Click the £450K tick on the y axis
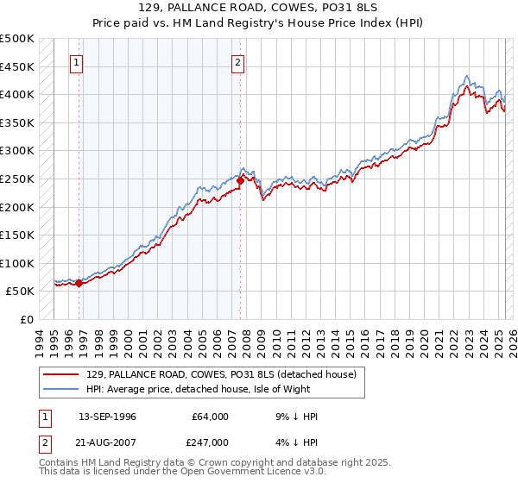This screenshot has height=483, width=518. tap(17, 66)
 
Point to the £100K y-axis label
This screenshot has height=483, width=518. tap(17, 263)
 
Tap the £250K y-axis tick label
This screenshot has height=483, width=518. tap(17, 179)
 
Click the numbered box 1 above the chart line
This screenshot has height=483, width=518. tap(77, 62)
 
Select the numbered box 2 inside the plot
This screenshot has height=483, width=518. tap(237, 62)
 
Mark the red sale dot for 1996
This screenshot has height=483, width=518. tap(79, 283)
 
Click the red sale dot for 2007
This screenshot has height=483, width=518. tap(240, 180)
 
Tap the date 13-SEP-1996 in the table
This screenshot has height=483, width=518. tap(107, 417)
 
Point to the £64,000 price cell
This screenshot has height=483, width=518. tap(210, 417)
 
